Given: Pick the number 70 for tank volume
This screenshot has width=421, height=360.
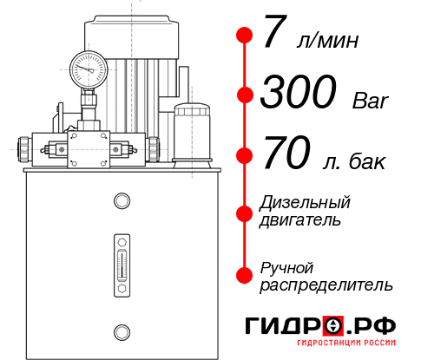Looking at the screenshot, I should (x=285, y=156).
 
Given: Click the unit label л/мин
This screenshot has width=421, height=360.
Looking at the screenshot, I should (x=327, y=40).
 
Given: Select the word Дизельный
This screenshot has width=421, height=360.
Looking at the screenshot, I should (x=305, y=203).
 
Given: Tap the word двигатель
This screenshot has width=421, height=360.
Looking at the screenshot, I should (x=300, y=220).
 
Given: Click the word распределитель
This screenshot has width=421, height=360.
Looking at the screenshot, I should (x=326, y=285).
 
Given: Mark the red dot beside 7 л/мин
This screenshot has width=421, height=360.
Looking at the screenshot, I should (x=245, y=36).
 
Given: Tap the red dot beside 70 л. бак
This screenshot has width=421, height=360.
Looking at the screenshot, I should (x=245, y=156).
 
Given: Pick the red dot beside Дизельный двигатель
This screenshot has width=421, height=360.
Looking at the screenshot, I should (x=245, y=213).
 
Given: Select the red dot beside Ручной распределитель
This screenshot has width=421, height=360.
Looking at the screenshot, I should (x=245, y=275).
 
